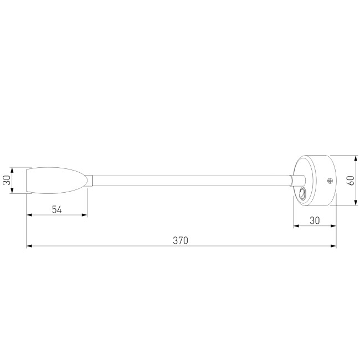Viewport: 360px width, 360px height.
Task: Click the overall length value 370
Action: (181, 240)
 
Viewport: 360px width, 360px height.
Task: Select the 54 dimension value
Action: (56, 209)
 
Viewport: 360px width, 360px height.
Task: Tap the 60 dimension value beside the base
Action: (350, 180)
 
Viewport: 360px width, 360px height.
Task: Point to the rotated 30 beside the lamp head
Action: (7, 181)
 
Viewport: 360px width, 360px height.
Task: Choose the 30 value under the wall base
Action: (315, 220)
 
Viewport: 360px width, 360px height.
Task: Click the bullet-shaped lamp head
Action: (55, 181)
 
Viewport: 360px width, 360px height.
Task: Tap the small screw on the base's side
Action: (330, 181)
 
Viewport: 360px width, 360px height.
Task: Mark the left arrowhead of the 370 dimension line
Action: (29, 246)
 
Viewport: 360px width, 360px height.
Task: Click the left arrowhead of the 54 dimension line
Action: (29, 215)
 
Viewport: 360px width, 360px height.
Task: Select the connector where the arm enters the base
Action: (297, 181)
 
